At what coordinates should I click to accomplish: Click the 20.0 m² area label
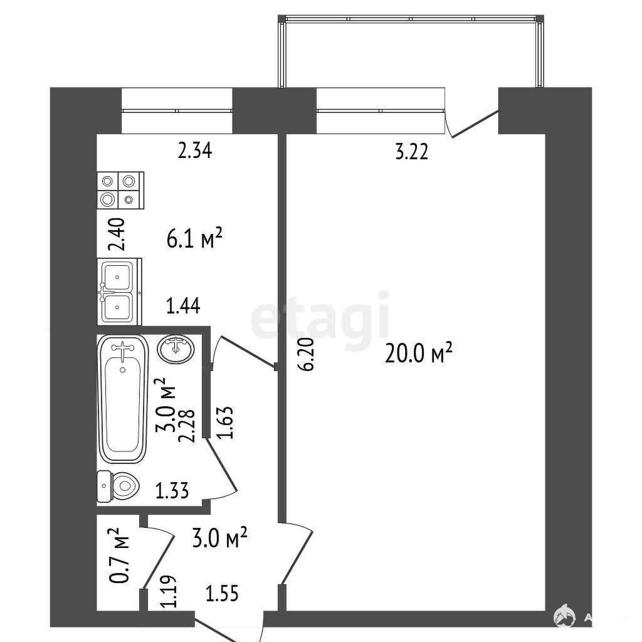[418, 353]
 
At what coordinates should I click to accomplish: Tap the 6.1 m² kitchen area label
[194, 238]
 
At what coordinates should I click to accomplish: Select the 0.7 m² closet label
[120, 555]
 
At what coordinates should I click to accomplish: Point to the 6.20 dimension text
[307, 354]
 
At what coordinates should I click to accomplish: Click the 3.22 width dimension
[411, 152]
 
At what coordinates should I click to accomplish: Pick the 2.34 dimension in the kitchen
[195, 150]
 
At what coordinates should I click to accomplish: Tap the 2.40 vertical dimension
[116, 234]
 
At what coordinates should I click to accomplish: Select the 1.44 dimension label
[183, 306]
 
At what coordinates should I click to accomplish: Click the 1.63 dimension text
[226, 423]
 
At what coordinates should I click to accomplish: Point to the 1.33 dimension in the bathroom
[172, 490]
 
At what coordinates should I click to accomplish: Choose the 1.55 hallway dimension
[222, 594]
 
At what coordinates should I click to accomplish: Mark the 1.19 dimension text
[169, 591]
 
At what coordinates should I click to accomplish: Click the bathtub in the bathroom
[123, 399]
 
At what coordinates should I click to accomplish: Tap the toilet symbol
[118, 486]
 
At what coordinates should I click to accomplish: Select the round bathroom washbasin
[176, 349]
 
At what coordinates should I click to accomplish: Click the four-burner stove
[120, 191]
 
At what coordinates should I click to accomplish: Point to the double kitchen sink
[120, 292]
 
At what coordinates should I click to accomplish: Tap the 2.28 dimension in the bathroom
[186, 426]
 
